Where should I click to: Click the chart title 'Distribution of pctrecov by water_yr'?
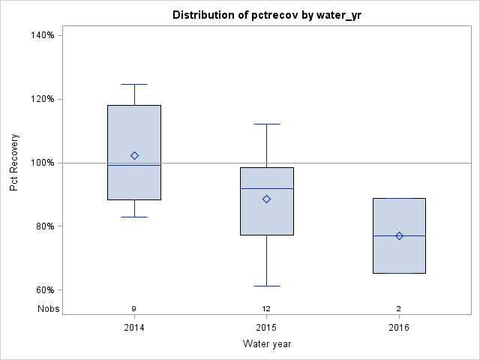266,15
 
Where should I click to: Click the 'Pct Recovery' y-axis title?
14,163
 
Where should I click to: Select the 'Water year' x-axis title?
266,344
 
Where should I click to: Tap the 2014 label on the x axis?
134,328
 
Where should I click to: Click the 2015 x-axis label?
266,328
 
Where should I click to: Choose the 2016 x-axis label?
399,328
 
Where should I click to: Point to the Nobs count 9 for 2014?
134,308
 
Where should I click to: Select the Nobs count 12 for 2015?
266,308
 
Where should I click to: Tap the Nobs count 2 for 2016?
399,308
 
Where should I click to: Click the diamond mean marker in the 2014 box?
134,156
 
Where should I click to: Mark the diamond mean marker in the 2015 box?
266,199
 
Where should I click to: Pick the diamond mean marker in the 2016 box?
399,235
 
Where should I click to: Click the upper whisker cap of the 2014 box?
134,85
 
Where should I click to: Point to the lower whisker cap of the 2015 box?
266,286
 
